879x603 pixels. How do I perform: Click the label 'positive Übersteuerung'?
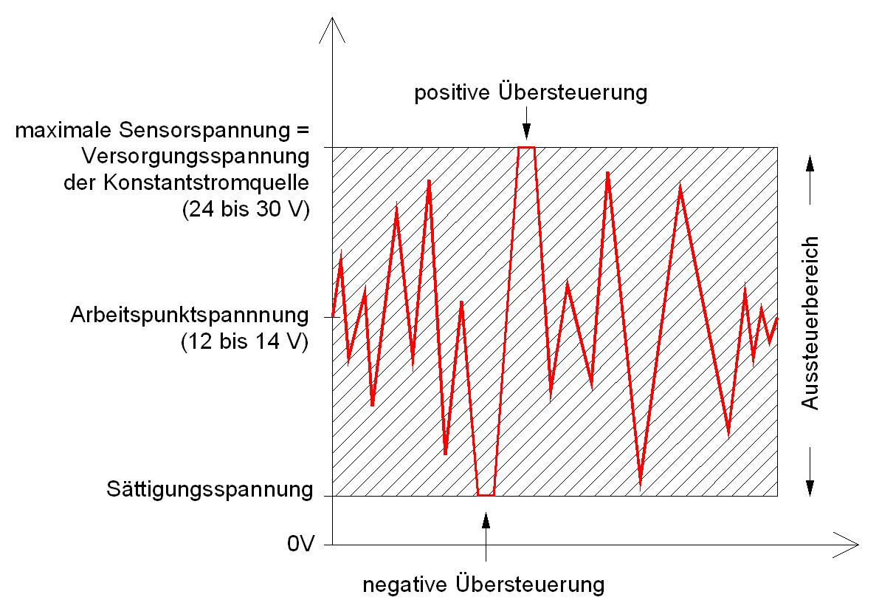pos(530,93)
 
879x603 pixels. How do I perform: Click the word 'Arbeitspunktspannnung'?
pos(190,315)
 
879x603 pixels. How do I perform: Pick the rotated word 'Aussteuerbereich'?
pos(810,323)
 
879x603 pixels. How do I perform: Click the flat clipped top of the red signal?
pos(526,148)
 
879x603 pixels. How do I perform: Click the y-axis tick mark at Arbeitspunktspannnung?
pos(328,318)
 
